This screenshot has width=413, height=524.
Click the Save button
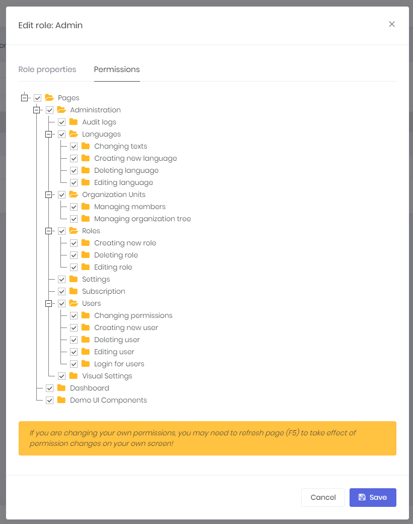[x=373, y=497]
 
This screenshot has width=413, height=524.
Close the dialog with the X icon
[x=392, y=24]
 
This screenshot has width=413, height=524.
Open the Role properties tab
[x=47, y=70]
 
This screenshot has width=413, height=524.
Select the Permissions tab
[x=117, y=70]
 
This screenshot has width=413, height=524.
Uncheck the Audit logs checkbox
[x=61, y=122]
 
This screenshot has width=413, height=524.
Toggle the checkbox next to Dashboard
[x=49, y=388]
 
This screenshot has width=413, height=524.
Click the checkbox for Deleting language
[x=74, y=170]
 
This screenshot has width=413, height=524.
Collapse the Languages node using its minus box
[x=48, y=134]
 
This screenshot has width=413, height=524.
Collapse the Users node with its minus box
[x=48, y=303]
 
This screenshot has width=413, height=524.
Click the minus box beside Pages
[x=24, y=98]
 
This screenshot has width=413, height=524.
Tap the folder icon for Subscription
[x=74, y=291]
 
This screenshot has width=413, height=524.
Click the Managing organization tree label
[x=143, y=219]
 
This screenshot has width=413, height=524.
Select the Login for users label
[x=119, y=364]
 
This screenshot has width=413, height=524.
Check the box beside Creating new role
[x=74, y=243]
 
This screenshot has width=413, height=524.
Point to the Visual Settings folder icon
[x=74, y=376]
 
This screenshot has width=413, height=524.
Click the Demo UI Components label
[x=108, y=400]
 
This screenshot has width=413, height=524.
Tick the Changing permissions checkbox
[x=74, y=315]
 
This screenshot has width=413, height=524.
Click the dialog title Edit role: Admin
[x=50, y=25]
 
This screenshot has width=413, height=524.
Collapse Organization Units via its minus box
[x=48, y=194]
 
